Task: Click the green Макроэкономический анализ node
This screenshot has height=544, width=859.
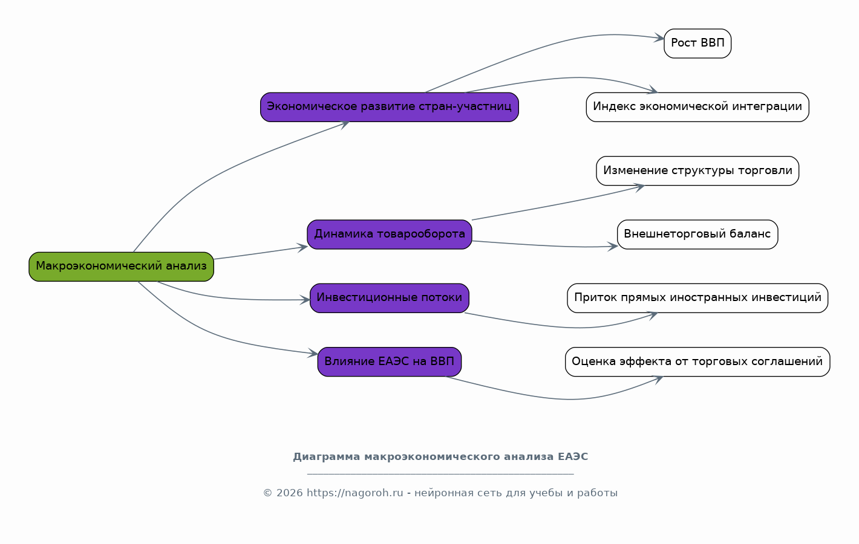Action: [121, 267]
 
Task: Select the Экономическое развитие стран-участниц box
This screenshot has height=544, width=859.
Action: [389, 107]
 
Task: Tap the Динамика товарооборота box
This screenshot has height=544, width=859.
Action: [389, 235]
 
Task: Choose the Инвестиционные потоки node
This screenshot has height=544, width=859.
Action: [389, 298]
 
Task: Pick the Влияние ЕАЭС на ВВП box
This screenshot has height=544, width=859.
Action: [389, 361]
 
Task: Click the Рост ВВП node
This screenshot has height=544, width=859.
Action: [697, 44]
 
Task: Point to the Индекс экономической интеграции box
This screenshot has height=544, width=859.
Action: [697, 107]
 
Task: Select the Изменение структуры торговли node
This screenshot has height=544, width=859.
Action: [697, 171]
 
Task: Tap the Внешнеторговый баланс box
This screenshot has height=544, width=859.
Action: [697, 235]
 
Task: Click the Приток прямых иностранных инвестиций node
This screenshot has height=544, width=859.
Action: [697, 298]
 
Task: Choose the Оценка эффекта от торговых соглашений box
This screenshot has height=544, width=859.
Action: [697, 361]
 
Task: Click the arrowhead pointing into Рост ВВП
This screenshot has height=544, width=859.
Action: [659, 38]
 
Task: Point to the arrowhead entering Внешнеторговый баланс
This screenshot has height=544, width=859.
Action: [612, 247]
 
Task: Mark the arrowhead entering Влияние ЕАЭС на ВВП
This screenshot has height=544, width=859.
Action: [313, 353]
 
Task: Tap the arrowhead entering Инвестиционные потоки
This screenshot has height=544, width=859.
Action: [305, 300]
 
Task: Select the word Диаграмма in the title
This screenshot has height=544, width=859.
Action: [327, 457]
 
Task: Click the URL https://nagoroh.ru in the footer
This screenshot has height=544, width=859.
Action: [354, 493]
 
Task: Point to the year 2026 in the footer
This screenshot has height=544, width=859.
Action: [290, 493]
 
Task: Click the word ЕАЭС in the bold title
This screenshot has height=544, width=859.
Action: [572, 456]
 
